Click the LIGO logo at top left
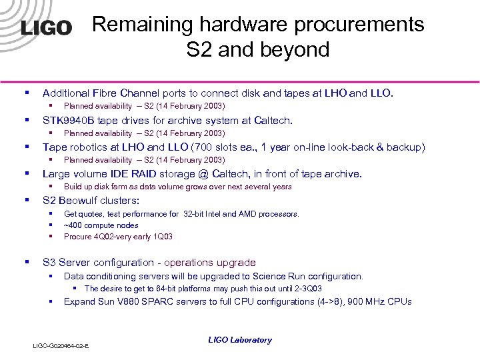pos(46,27)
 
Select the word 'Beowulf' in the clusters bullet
pos(79,200)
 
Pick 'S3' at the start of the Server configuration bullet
pos(49,263)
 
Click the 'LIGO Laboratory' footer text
pos(240,340)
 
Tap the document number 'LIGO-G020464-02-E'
pos(62,346)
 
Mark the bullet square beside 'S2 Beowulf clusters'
pos(27,200)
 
